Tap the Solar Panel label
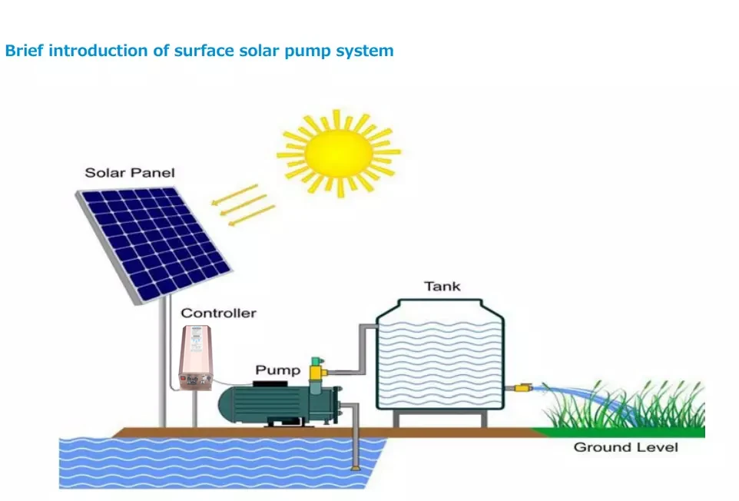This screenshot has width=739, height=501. pyautogui.click(x=129, y=173)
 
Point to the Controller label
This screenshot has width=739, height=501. pyautogui.click(x=218, y=314)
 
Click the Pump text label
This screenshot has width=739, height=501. pyautogui.click(x=277, y=371)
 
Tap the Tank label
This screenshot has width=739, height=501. pyautogui.click(x=442, y=287)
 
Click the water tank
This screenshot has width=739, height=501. pyautogui.click(x=439, y=357)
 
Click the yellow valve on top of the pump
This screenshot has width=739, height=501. pyautogui.click(x=315, y=368)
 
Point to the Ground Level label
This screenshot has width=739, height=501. pyautogui.click(x=625, y=447)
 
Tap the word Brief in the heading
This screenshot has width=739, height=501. pyautogui.click(x=25, y=51)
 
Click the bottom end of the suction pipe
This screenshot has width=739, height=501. pyautogui.click(x=354, y=465)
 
